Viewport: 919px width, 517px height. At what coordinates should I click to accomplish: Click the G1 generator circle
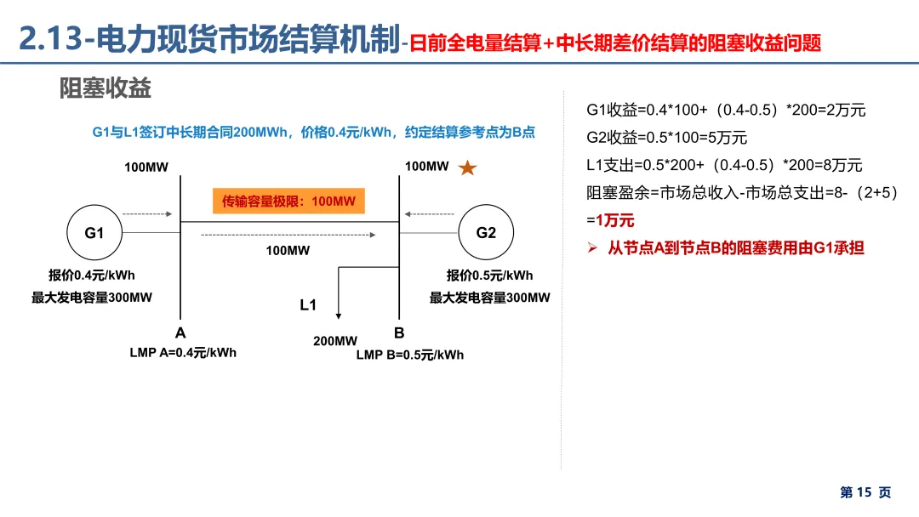94,232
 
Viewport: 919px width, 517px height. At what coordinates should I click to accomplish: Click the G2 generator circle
486,232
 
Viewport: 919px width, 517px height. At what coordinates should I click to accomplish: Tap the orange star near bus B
467,168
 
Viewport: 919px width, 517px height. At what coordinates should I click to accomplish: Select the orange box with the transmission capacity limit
288,202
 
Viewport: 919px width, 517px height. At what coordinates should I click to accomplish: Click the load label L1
308,304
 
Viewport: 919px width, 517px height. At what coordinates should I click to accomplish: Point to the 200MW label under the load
335,341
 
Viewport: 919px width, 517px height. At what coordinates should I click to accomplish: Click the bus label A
180,333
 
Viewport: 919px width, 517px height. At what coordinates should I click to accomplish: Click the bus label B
399,333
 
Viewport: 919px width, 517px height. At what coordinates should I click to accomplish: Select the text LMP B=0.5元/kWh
410,355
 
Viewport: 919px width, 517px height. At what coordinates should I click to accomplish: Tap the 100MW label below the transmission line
288,250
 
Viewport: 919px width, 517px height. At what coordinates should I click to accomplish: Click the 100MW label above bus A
146,167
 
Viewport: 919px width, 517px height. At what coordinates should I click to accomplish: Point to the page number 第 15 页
865,492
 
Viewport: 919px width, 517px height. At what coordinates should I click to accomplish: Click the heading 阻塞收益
105,88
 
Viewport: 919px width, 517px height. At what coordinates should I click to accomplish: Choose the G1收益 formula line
726,111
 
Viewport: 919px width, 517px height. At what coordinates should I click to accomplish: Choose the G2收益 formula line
666,138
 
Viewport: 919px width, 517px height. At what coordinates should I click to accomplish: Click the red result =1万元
610,220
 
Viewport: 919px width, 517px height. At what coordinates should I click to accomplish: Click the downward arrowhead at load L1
340,316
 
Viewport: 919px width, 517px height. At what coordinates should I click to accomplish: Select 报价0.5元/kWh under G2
489,276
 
